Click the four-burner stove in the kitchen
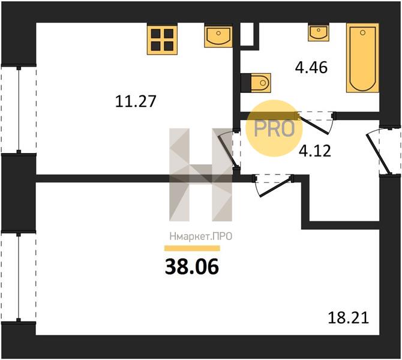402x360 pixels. click(162, 39)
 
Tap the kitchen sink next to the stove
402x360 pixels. click(218, 35)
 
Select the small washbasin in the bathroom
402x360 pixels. click(319, 32)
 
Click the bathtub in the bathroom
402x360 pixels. click(362, 58)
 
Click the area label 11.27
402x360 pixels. click(136, 101)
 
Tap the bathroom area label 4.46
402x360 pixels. click(311, 68)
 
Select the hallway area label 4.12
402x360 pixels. click(315, 151)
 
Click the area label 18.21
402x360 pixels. click(349, 317)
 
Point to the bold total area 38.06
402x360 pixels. click(192, 266)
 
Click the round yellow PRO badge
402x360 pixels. click(274, 128)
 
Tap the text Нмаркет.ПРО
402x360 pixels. click(201, 236)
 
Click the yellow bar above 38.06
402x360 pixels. click(192, 248)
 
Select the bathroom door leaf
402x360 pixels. click(313, 125)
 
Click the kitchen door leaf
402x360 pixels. click(228, 151)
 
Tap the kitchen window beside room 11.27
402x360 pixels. click(19, 110)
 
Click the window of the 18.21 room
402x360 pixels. click(19, 277)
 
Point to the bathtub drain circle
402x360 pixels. click(362, 32)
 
